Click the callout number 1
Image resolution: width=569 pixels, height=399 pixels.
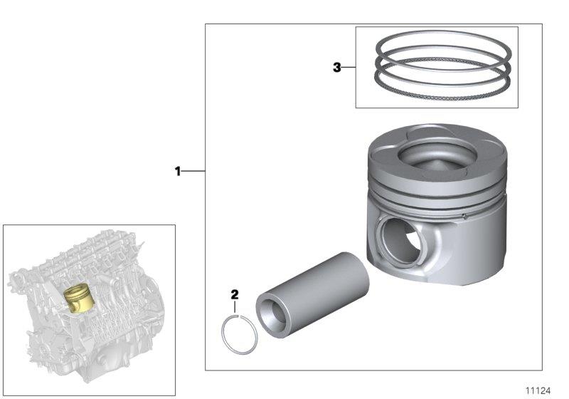coord(178,171)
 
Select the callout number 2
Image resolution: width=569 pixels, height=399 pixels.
coord(235,294)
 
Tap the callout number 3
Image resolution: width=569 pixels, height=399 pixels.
coord(337,68)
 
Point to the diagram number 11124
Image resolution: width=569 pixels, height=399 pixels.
coord(538,390)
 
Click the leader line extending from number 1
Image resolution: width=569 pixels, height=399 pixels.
coord(194,171)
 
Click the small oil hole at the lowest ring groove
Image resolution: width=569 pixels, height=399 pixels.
coord(463,214)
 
